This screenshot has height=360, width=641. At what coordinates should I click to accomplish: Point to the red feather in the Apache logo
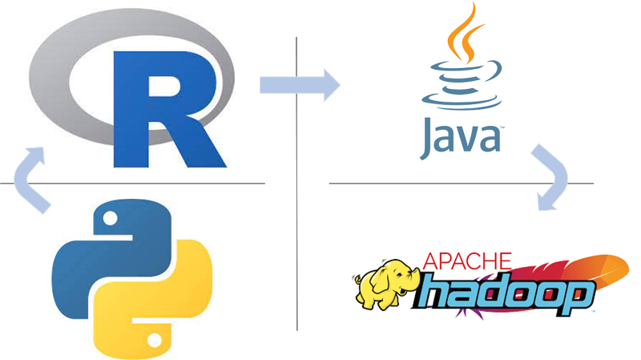(x=585, y=269)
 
